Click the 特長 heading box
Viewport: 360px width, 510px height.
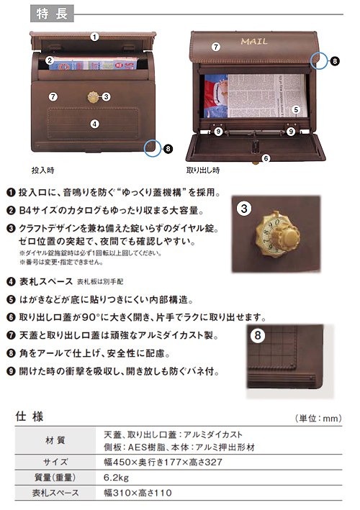[52, 14]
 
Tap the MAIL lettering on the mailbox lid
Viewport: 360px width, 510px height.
[254, 41]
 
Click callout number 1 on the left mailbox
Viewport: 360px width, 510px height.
[95, 37]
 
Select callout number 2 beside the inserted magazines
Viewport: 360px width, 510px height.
[50, 60]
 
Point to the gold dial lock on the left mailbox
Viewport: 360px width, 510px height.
[93, 97]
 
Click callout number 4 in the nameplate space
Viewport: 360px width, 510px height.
[94, 124]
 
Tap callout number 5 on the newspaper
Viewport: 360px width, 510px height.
[296, 109]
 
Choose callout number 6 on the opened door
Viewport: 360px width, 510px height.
[266, 158]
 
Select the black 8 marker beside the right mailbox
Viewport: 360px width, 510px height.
[335, 61]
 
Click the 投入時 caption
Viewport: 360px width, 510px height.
[43, 170]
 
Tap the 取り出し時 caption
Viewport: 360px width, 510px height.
[203, 170]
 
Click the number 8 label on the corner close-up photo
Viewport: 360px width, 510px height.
[258, 335]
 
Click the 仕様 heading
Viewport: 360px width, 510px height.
[30, 416]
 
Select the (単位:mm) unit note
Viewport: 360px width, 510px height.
[318, 418]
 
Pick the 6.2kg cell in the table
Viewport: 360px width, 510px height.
[116, 478]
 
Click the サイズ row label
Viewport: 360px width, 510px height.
[55, 462]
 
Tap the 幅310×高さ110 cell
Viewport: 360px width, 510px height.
[138, 493]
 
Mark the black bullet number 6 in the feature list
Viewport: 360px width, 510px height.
[11, 317]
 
